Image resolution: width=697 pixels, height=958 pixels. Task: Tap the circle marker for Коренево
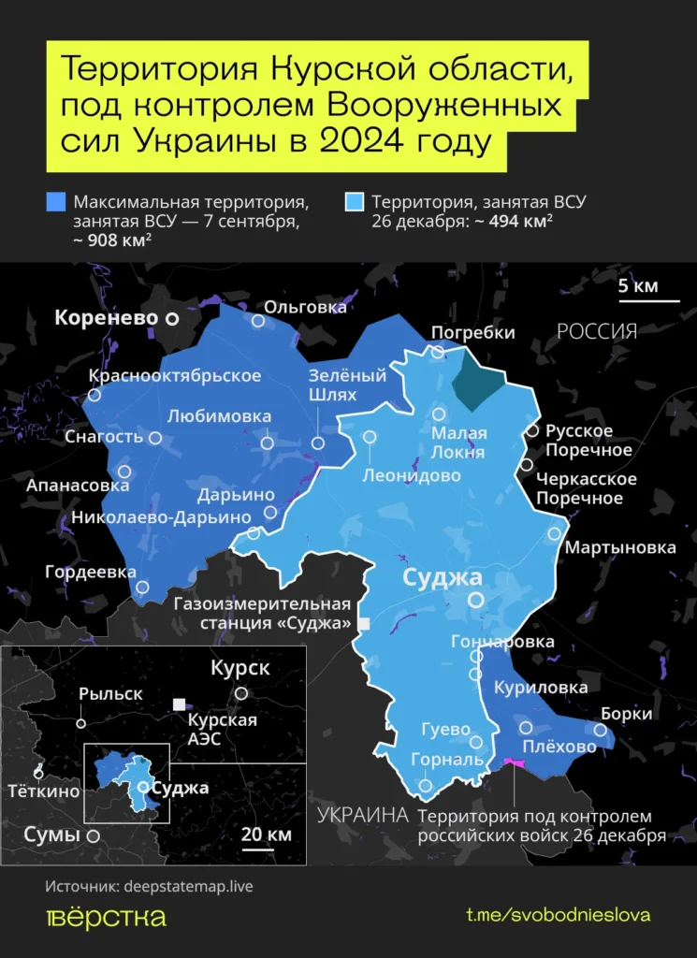tap(172, 319)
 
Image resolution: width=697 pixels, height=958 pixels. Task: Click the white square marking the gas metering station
tap(364, 623)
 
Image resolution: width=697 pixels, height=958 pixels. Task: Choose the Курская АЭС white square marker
tap(178, 704)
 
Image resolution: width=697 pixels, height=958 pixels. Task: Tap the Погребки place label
tap(472, 332)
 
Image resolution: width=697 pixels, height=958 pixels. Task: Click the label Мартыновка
tap(619, 546)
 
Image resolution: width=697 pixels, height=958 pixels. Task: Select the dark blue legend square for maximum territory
tap(55, 202)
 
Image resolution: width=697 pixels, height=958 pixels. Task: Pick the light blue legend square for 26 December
tap(354, 202)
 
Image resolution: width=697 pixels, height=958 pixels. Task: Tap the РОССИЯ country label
tap(597, 331)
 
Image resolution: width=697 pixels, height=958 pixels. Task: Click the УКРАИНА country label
tap(362, 815)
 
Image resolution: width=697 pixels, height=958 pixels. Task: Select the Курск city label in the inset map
tap(240, 668)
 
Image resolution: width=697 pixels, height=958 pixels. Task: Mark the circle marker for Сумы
tap(93, 835)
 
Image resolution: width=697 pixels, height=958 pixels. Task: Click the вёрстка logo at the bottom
tap(106, 917)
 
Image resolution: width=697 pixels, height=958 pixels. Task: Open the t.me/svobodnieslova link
tap(558, 915)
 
